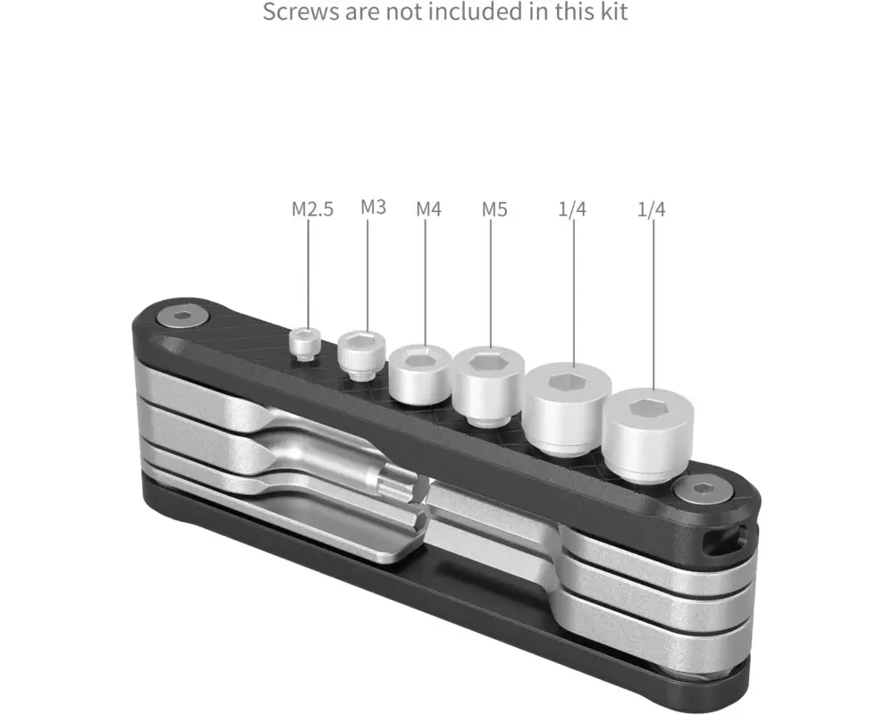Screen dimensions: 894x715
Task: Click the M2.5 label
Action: point(312,209)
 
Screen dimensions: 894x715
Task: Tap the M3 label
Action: point(374,207)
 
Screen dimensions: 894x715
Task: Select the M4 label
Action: point(429,209)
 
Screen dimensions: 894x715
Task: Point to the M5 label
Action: point(494,209)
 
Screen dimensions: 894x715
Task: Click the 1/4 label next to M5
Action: point(572,209)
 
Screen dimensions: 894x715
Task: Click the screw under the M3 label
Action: point(361,355)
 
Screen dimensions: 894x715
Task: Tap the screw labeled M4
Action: point(421,374)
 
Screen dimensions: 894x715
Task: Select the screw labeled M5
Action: point(489,385)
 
